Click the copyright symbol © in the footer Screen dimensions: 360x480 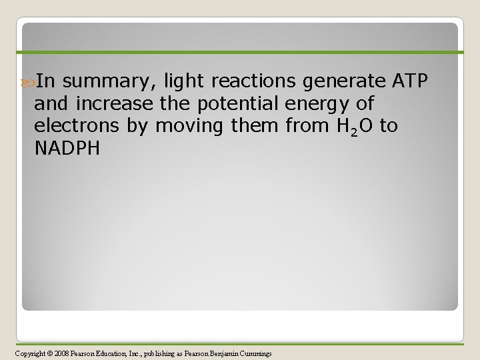49,352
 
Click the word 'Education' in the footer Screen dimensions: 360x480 117,352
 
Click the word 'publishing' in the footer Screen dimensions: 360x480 168,352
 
